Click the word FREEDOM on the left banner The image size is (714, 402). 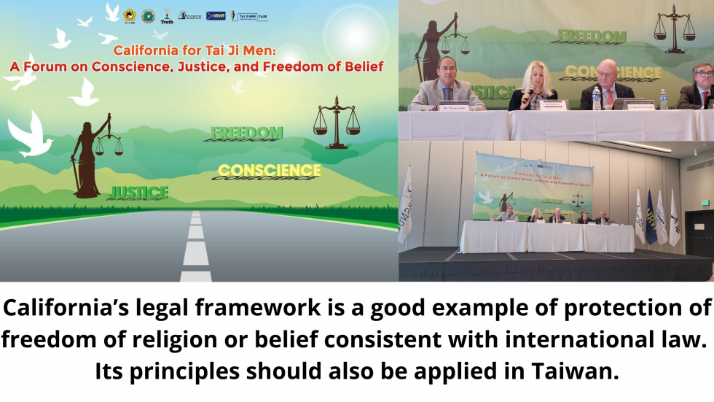tap(246, 133)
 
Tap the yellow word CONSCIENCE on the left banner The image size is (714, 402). tap(269, 171)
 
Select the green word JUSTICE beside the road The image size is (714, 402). tap(138, 193)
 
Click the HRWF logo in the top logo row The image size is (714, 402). tap(216, 15)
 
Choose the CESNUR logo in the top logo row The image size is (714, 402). tap(191, 15)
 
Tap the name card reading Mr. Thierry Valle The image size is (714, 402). tap(442, 107)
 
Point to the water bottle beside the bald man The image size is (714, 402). tap(596, 98)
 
